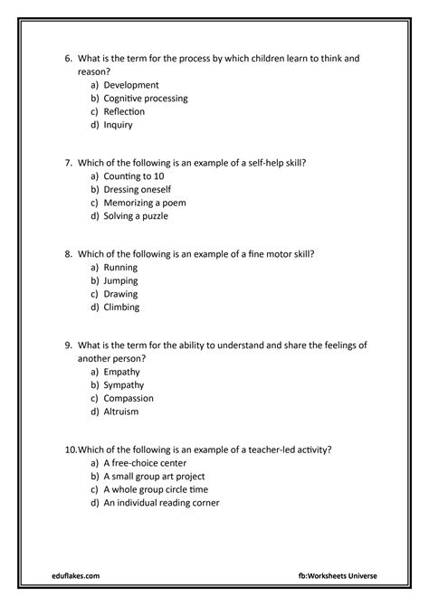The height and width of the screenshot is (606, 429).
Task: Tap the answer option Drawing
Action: coord(121,294)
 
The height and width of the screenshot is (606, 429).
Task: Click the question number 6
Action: coord(69,58)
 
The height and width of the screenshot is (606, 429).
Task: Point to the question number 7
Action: coord(69,163)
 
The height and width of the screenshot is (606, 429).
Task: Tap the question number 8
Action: coord(69,254)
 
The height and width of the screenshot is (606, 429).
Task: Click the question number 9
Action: coord(69,346)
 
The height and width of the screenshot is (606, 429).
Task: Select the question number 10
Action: coord(71,450)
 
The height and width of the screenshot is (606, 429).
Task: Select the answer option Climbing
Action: coord(122,307)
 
